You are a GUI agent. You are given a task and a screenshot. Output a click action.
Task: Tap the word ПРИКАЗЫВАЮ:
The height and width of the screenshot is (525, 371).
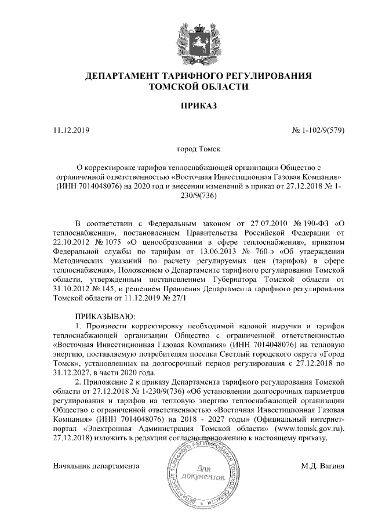point(105,317)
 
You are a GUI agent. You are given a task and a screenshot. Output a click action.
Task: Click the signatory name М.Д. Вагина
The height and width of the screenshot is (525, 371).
point(322,465)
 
